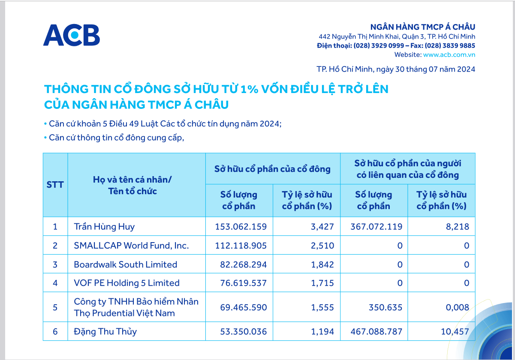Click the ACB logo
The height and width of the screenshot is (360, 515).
(x=72, y=35)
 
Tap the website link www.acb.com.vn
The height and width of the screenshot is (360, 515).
(x=449, y=54)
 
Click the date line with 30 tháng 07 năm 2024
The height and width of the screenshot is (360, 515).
(x=395, y=69)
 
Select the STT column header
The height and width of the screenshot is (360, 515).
(x=55, y=185)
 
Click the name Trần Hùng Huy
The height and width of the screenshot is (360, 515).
(x=104, y=227)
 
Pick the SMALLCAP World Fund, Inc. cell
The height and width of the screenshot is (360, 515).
(x=131, y=246)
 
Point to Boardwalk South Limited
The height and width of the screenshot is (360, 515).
(x=125, y=264)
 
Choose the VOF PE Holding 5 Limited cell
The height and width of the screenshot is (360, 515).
(x=126, y=283)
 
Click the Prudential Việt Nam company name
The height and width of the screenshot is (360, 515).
(x=136, y=307)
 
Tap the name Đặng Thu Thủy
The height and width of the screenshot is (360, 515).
(x=105, y=331)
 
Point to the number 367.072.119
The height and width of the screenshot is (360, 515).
(x=376, y=227)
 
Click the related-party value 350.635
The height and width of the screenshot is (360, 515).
(x=385, y=307)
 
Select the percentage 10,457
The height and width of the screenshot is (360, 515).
(x=455, y=331)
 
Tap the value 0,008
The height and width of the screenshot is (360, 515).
(x=458, y=307)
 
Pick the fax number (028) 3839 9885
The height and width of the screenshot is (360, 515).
(x=450, y=45)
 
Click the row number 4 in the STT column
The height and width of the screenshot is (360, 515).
(x=55, y=283)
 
